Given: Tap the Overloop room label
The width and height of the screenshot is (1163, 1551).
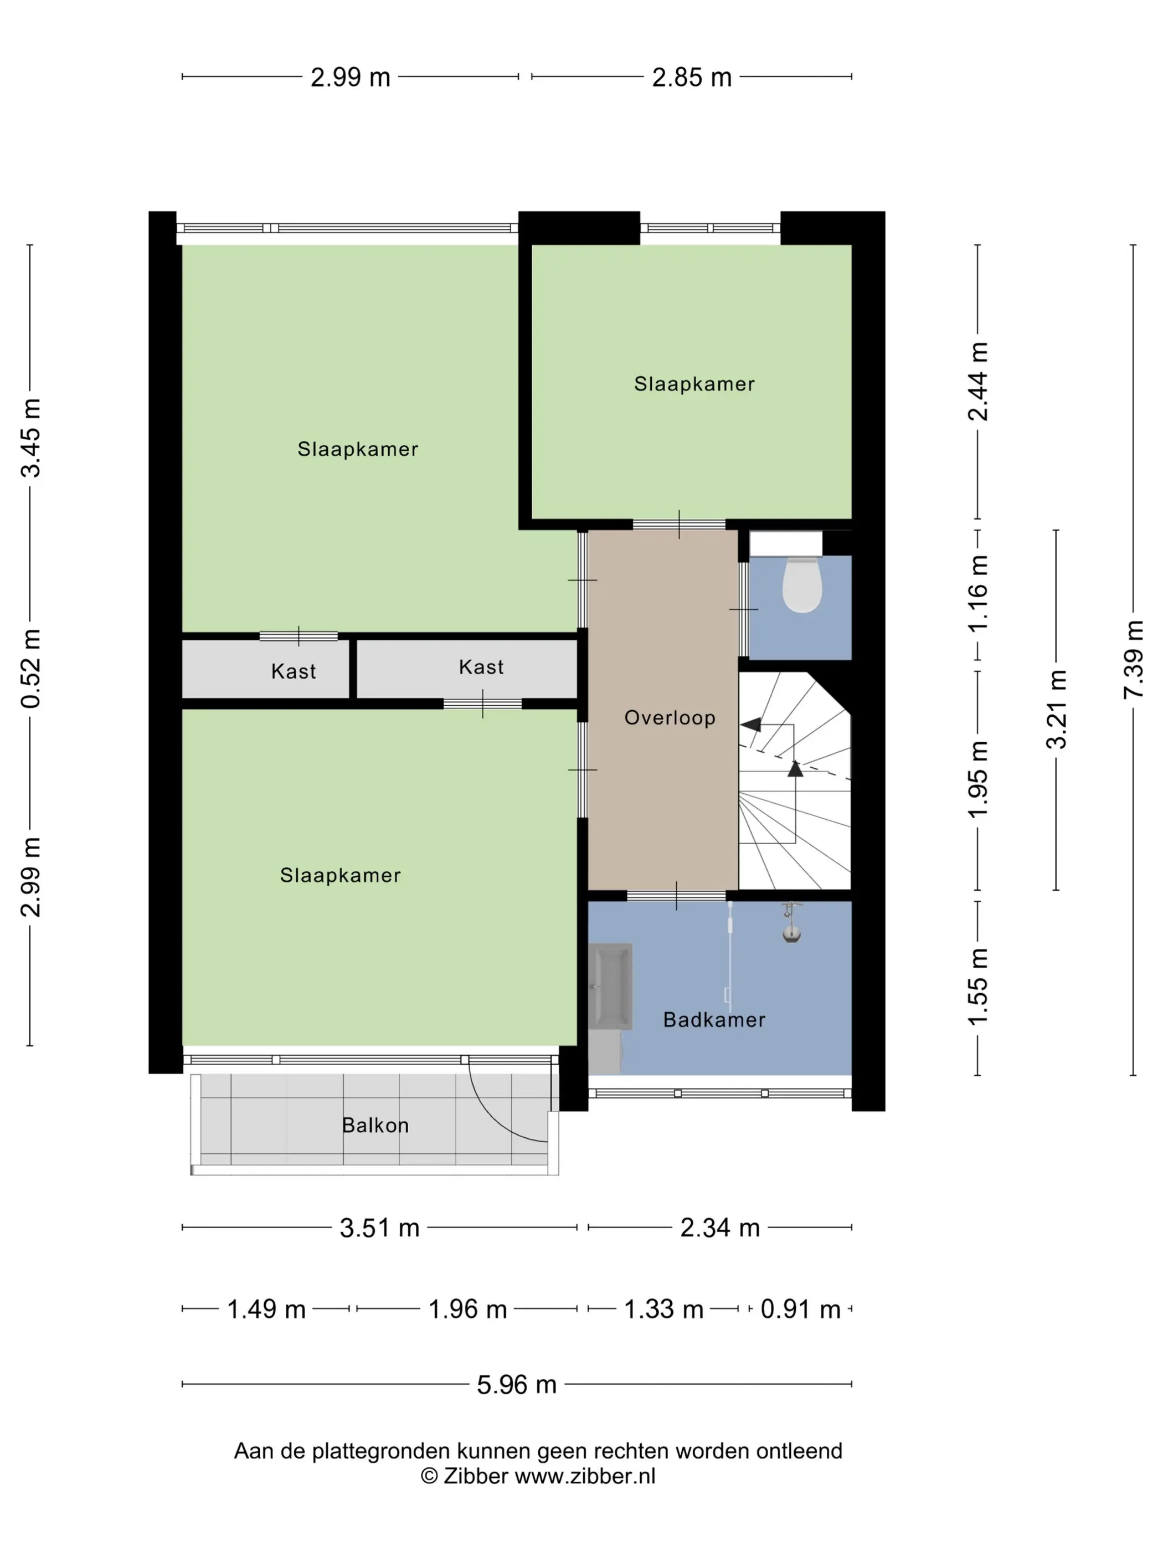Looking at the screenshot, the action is click(670, 717).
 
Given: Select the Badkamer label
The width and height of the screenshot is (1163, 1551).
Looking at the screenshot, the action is click(714, 1020).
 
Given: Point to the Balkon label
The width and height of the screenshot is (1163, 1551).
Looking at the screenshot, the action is click(375, 1126).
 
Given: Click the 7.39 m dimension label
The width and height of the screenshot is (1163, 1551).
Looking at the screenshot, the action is click(1133, 659).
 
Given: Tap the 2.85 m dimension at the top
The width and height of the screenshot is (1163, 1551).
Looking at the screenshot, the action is click(691, 77).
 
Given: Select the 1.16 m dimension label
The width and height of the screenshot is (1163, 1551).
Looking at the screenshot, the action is click(978, 593).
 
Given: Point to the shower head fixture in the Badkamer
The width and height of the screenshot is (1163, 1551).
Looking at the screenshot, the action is click(791, 924).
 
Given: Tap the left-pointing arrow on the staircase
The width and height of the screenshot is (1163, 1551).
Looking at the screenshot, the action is click(751, 725).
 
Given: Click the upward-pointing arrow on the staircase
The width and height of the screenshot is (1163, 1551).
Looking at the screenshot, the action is click(795, 769).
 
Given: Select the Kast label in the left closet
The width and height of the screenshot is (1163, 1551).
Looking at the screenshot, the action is click(293, 672).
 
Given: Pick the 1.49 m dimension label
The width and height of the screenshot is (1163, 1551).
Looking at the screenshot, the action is click(266, 1309).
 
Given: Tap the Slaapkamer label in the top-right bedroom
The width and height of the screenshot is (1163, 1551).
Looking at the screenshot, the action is click(694, 384).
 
